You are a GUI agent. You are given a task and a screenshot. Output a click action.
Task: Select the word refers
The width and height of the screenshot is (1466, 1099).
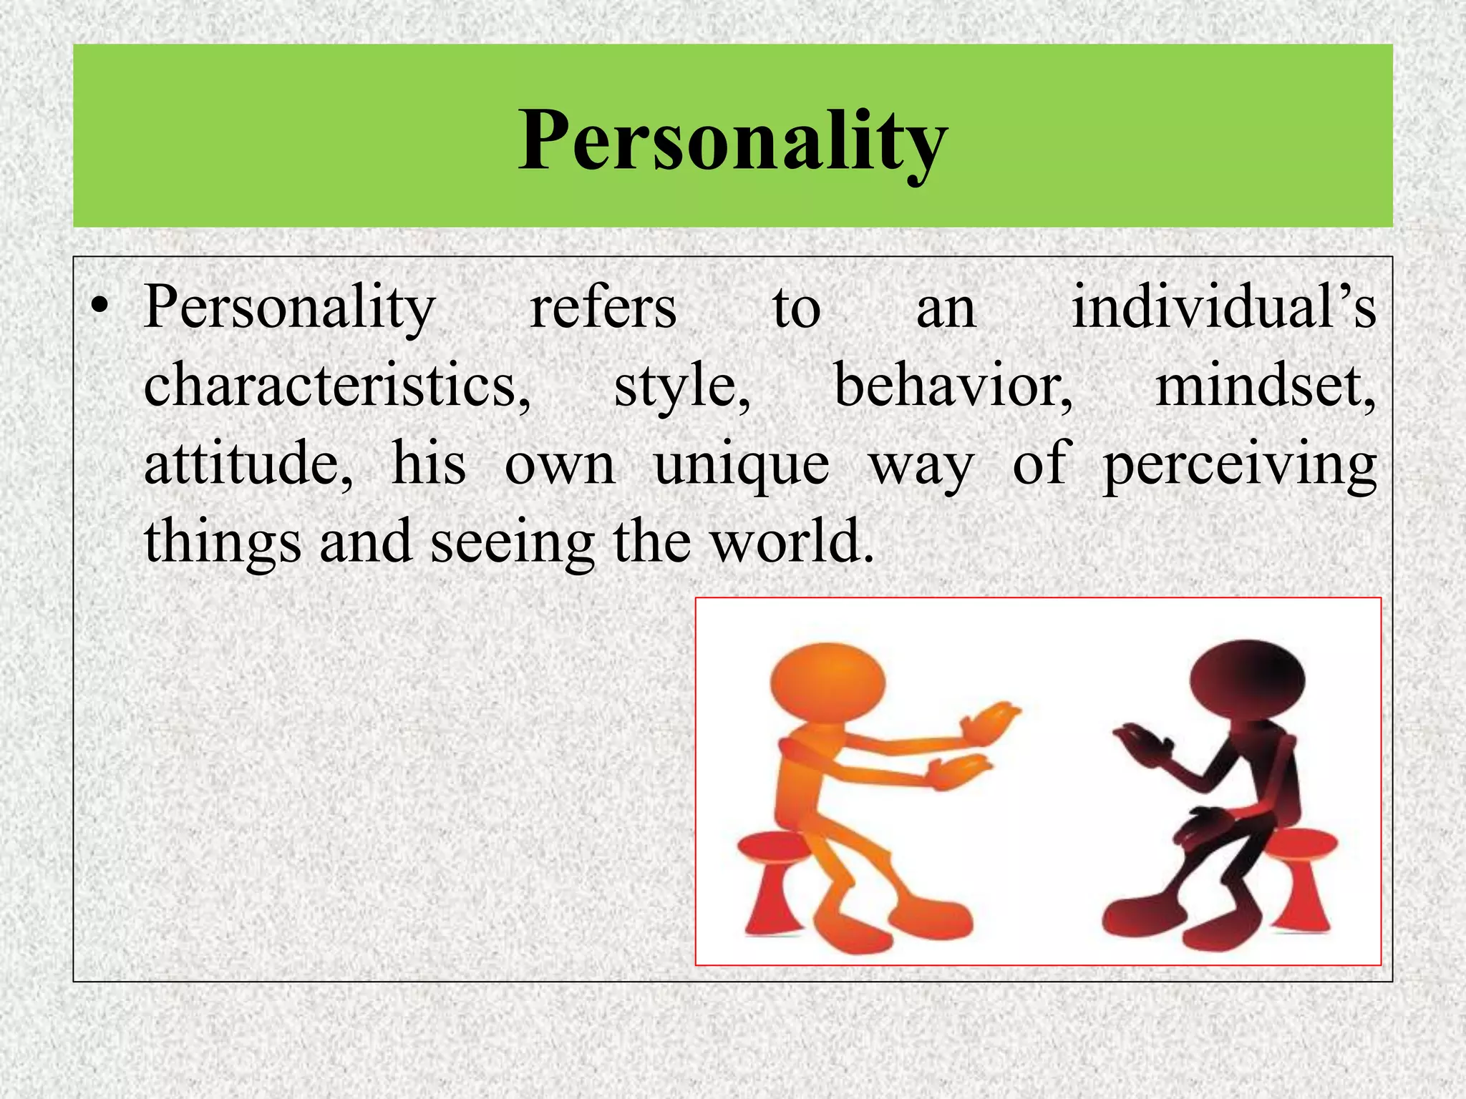(x=603, y=308)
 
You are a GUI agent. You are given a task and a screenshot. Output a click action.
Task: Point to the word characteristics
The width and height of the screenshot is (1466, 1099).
(x=336, y=386)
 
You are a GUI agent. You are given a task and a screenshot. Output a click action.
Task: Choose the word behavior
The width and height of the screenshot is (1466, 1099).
(x=953, y=386)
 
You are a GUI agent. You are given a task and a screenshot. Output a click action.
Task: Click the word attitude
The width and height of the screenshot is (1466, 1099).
(x=248, y=464)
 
